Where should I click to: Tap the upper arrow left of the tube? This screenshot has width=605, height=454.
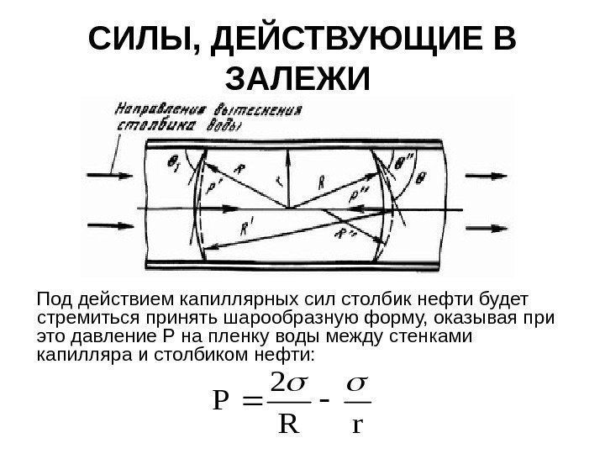click(107, 177)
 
